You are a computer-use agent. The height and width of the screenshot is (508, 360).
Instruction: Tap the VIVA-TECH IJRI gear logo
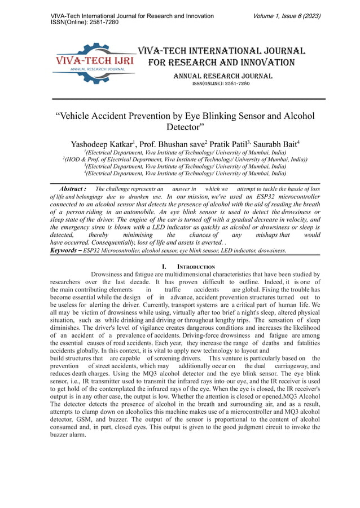tap(93, 63)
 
